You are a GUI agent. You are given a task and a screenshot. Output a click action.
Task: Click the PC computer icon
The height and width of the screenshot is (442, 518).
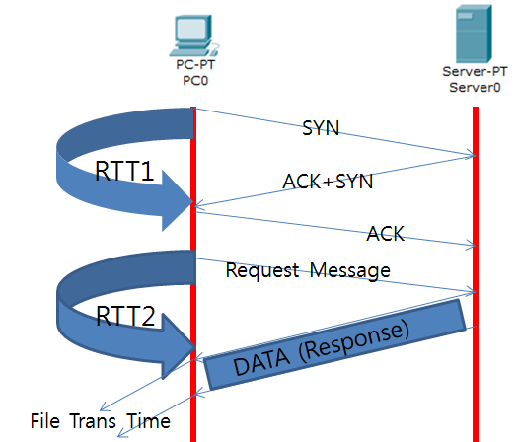pyautogui.click(x=194, y=36)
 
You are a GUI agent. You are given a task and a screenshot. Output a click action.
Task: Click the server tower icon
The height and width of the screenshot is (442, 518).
pyautogui.click(x=474, y=34)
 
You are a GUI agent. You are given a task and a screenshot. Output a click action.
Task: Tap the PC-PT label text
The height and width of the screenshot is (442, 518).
pyautogui.click(x=195, y=64)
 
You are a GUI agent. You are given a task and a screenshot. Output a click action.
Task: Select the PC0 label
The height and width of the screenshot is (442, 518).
pyautogui.click(x=195, y=81)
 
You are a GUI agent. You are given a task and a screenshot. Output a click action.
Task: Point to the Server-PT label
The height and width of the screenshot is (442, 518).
pyautogui.click(x=475, y=71)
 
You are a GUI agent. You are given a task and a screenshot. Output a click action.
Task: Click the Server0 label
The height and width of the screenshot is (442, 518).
pyautogui.click(x=475, y=87)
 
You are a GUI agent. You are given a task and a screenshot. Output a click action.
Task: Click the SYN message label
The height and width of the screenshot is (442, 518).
pyautogui.click(x=321, y=128)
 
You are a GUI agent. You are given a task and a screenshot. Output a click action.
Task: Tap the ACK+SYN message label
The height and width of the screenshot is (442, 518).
pyautogui.click(x=328, y=181)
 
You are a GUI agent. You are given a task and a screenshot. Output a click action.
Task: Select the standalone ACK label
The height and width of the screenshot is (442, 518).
pyautogui.click(x=385, y=234)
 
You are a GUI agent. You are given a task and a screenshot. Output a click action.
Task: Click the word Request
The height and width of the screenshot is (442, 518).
pyautogui.click(x=262, y=270)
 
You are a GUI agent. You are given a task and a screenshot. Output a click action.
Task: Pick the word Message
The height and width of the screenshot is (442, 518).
pyautogui.click(x=350, y=270)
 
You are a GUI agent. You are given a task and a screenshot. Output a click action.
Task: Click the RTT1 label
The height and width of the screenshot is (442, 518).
pyautogui.click(x=124, y=171)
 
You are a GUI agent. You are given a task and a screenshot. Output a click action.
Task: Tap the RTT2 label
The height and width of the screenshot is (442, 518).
pyautogui.click(x=125, y=316)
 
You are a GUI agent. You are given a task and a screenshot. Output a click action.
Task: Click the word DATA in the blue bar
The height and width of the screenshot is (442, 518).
pyautogui.click(x=261, y=361)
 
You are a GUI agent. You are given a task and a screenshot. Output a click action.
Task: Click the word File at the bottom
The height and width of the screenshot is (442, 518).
pyautogui.click(x=45, y=421)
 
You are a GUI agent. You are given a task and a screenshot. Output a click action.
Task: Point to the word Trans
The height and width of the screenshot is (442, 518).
pyautogui.click(x=93, y=421)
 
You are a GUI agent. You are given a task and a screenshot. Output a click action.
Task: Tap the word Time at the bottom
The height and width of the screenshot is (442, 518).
pyautogui.click(x=149, y=421)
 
